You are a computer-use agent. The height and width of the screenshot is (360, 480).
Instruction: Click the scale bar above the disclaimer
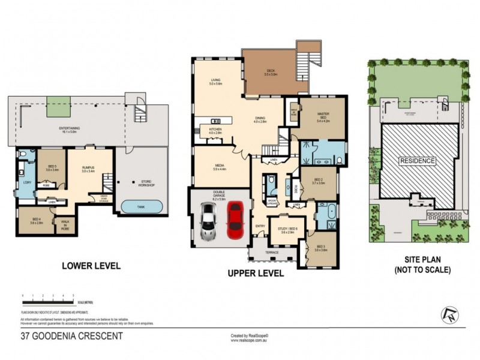click(48, 296)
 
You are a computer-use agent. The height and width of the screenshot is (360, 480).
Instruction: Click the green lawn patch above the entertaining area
click(58, 102)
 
